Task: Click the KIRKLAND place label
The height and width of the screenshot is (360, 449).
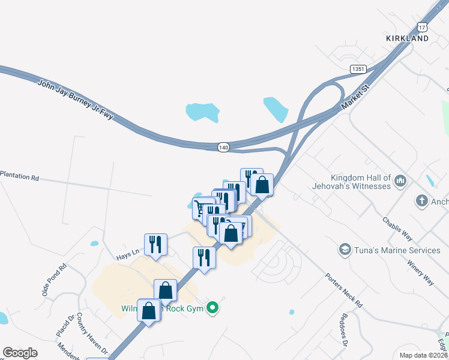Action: tap(407, 38)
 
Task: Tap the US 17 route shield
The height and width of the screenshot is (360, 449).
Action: tap(423, 27)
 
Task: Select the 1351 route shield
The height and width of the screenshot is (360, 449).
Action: tap(358, 70)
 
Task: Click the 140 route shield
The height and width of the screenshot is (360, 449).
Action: tap(223, 147)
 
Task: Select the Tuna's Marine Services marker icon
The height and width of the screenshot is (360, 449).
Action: tap(345, 250)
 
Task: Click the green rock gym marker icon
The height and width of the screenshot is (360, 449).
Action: tap(211, 309)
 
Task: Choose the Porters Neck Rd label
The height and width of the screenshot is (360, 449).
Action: tap(345, 291)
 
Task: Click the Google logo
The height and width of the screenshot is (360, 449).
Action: tap(20, 353)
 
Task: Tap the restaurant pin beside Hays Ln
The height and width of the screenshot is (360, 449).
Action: tap(155, 244)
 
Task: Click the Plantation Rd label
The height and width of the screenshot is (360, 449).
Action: tap(19, 178)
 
